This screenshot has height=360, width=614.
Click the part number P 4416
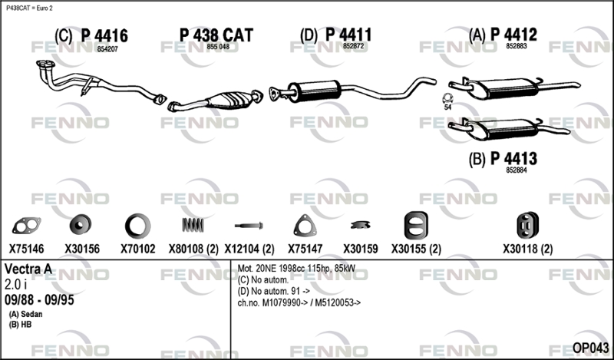[104, 35]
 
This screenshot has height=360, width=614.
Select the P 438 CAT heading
[216, 35]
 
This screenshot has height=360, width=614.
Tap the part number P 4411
[348, 35]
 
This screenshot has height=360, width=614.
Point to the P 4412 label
[513, 35]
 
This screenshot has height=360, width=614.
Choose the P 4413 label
[513, 159]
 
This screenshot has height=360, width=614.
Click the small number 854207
[107, 49]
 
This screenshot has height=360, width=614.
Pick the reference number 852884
[516, 170]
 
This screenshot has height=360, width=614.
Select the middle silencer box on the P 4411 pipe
[314, 91]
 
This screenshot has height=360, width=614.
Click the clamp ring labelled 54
[447, 98]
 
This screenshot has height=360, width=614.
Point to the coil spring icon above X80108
[193, 225]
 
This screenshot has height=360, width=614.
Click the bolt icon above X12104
[249, 226]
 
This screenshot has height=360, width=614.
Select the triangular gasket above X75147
[305, 226]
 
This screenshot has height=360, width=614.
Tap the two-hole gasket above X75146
[27, 226]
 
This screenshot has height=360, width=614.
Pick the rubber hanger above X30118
[527, 226]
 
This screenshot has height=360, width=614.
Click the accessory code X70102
[138, 249]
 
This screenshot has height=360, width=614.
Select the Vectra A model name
[28, 269]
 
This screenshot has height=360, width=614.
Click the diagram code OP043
[590, 348]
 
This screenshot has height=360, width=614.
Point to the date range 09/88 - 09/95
[39, 300]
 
